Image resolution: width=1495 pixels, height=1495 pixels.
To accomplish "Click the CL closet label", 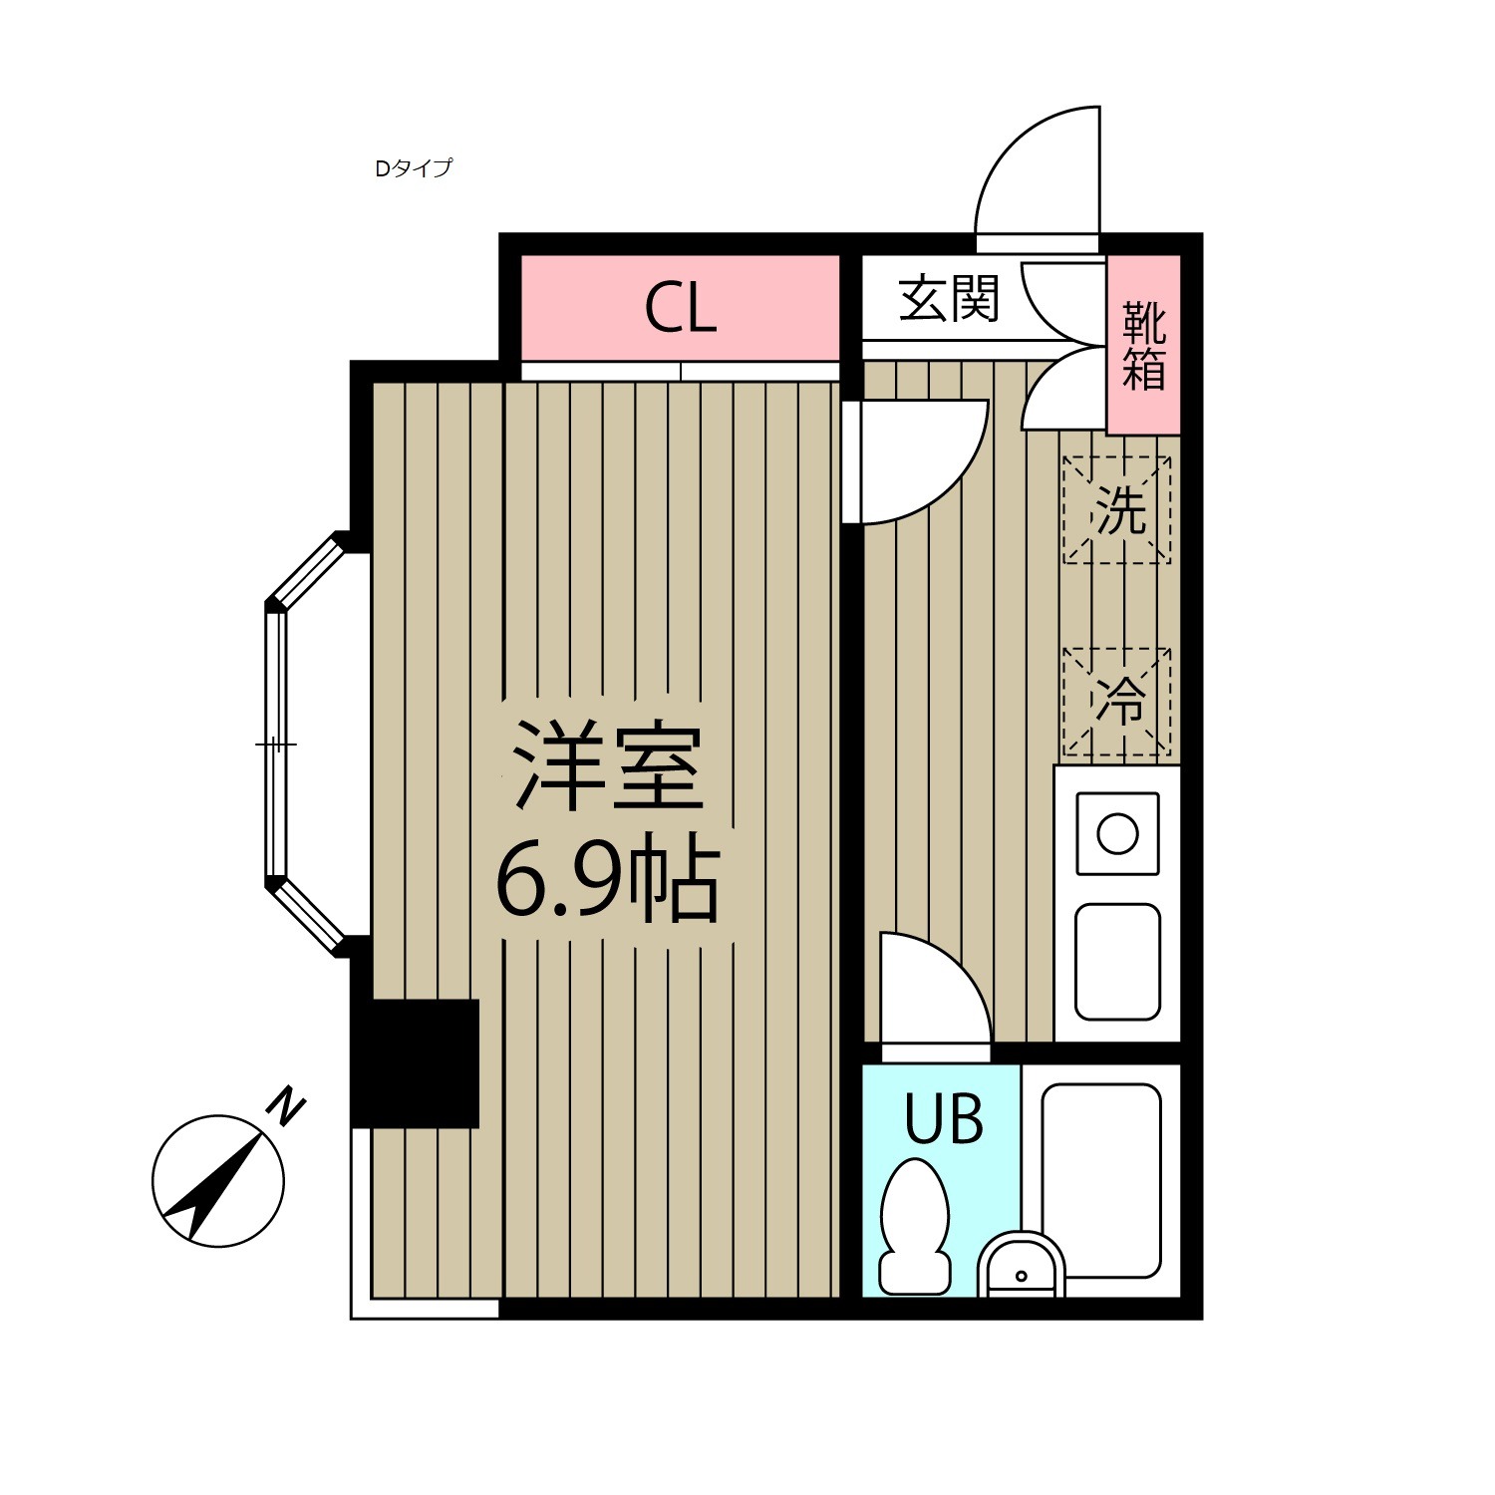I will pyautogui.click(x=680, y=308).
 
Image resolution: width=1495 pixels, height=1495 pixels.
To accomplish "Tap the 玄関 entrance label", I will pyautogui.click(x=948, y=298).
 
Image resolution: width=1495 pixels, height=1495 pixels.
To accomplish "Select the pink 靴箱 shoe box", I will pyautogui.click(x=1143, y=345).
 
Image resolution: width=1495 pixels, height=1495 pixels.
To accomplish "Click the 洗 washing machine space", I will pyautogui.click(x=1117, y=510).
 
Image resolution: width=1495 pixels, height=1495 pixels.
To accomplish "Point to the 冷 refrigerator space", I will pyautogui.click(x=1117, y=701).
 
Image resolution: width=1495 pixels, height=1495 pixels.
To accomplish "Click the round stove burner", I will pyautogui.click(x=1117, y=833).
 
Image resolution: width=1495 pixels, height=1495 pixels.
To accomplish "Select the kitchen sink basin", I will pyautogui.click(x=1117, y=962).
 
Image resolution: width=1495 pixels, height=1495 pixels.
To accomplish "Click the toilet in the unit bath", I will pyautogui.click(x=914, y=1226).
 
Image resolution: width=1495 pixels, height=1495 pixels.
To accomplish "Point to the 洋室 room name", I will pyautogui.click(x=608, y=767).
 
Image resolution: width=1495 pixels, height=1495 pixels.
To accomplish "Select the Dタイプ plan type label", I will pyautogui.click(x=413, y=168).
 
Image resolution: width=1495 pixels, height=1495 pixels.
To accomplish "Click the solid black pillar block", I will pyautogui.click(x=416, y=1063).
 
